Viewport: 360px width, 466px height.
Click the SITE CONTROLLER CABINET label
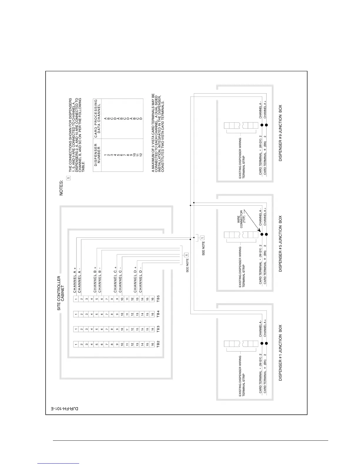(61, 293)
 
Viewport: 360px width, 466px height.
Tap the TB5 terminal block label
(158, 299)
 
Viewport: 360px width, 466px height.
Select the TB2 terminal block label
(158, 344)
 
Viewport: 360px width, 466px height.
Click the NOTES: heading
(61, 187)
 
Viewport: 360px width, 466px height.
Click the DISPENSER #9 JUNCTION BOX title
(280, 133)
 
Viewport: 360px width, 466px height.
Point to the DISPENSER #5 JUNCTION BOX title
(280, 243)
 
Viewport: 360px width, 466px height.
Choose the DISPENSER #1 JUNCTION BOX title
(280, 353)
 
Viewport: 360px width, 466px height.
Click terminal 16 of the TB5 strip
(152, 299)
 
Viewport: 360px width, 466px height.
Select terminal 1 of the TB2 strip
(76, 344)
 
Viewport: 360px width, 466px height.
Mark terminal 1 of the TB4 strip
(76, 314)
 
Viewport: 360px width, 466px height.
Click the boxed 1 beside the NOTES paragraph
(69, 178)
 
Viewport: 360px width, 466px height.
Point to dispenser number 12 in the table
(141, 154)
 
